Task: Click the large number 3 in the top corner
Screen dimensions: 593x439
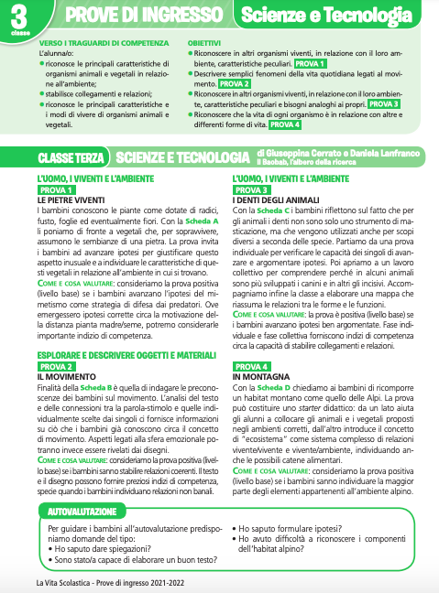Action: point(19,14)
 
